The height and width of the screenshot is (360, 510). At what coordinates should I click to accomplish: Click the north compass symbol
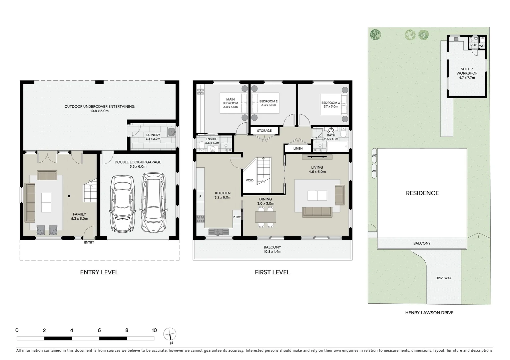tap(170, 334)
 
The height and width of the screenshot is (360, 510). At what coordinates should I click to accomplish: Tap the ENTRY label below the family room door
tap(89, 242)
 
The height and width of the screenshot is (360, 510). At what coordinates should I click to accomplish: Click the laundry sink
tap(171, 132)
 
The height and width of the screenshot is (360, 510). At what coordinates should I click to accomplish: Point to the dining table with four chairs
tap(266, 217)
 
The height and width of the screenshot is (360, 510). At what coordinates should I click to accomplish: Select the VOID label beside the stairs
tap(249, 180)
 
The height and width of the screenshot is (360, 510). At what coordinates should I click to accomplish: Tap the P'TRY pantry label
tap(236, 217)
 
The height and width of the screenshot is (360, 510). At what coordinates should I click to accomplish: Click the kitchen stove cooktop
tap(201, 219)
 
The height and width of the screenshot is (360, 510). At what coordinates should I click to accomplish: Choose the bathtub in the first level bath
tap(338, 146)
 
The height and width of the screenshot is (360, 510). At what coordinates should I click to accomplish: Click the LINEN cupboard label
tap(298, 148)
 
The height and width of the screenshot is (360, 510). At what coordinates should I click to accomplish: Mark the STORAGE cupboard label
tap(264, 131)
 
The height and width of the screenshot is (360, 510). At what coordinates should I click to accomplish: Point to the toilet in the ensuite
tap(201, 146)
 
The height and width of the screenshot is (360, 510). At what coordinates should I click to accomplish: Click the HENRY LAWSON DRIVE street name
tap(429, 313)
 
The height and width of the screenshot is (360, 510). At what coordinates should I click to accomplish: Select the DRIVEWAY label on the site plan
tap(443, 278)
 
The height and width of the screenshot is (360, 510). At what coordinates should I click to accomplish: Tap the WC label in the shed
tap(482, 46)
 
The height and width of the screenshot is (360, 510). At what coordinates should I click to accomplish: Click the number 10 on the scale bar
tap(154, 330)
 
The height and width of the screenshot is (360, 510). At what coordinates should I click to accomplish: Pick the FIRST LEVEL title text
tap(272, 272)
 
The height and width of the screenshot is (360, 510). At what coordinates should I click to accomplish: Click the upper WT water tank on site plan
tap(374, 156)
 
